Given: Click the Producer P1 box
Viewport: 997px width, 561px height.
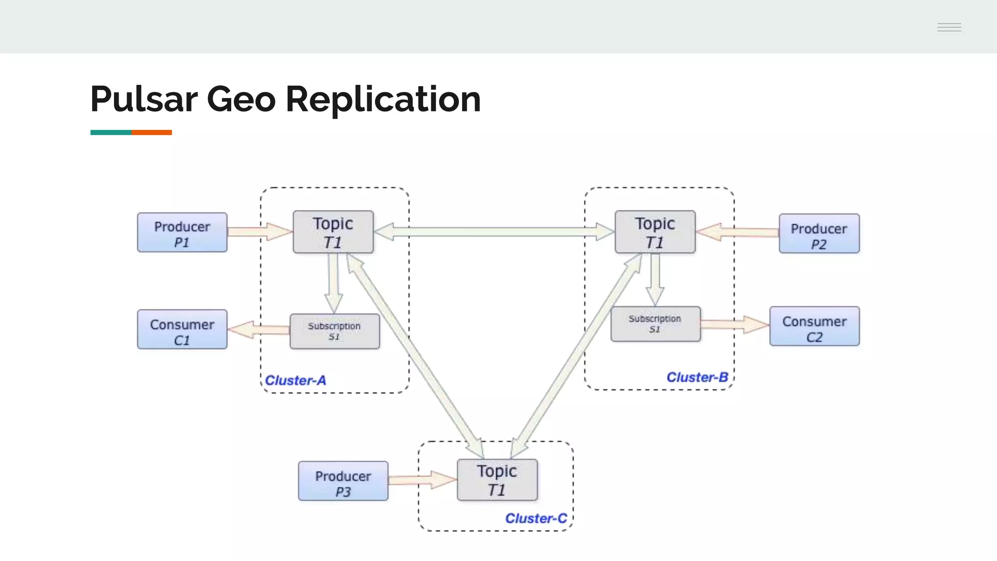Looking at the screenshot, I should pos(182,232).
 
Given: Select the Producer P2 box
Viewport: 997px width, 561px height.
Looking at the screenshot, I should pos(819,234).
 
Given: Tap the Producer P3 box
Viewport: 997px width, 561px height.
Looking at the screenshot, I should pos(343,481).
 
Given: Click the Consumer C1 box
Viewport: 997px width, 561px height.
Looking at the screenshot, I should pos(182,329).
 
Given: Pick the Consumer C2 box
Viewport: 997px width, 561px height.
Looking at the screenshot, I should pos(814,326).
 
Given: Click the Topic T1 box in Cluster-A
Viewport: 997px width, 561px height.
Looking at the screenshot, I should pos(333,232).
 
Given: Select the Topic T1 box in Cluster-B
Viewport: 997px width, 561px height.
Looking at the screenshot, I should pos(655,232).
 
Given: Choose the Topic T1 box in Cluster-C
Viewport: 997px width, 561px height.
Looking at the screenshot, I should pos(497,480).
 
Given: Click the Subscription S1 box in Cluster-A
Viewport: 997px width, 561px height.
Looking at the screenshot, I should pos(334,331).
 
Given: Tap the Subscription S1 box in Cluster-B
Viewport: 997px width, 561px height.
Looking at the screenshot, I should pos(655,324).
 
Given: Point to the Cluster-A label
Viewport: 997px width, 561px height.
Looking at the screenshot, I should pos(295,380).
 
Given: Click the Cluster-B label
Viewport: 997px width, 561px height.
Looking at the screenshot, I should pos(697,377).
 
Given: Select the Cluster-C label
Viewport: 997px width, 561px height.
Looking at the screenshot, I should pos(536,519).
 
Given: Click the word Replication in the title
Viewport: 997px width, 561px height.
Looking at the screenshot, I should pos(383,99).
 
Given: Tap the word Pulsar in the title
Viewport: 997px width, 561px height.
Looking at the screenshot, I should pos(144,99).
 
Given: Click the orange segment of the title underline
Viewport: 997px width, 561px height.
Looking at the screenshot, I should pos(151,132).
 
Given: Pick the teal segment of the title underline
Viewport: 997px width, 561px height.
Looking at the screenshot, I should pos(111,132).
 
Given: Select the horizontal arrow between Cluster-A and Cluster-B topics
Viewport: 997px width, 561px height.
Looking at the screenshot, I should pos(494,232).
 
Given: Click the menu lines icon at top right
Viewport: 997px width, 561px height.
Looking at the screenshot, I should pos(949,27).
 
